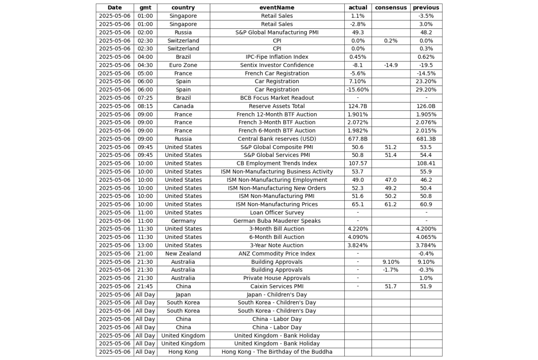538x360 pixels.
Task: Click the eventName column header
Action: (276, 7)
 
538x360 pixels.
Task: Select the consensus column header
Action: (391, 7)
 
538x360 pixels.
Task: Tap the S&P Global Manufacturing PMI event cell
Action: (276, 32)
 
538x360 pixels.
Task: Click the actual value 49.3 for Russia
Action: (358, 32)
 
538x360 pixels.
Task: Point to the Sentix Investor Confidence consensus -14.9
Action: (391, 65)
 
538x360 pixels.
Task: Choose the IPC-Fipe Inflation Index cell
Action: (276, 57)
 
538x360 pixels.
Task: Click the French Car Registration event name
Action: (276, 73)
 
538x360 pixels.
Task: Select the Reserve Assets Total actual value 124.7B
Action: (358, 106)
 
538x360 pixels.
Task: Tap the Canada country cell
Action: (183, 106)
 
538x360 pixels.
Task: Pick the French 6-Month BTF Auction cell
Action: (276, 131)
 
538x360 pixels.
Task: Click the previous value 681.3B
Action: (426, 139)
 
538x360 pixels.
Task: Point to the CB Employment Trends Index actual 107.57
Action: (358, 164)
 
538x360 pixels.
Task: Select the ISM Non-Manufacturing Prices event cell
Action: (276, 204)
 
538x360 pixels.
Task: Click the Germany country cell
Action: (183, 221)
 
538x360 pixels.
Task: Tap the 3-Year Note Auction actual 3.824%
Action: (358, 246)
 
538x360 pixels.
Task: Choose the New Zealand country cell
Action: (183, 253)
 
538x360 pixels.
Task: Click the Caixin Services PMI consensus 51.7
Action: (391, 286)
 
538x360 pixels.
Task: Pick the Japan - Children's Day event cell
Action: (276, 295)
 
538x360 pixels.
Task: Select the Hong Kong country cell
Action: (183, 352)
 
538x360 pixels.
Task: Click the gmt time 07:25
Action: (145, 98)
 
